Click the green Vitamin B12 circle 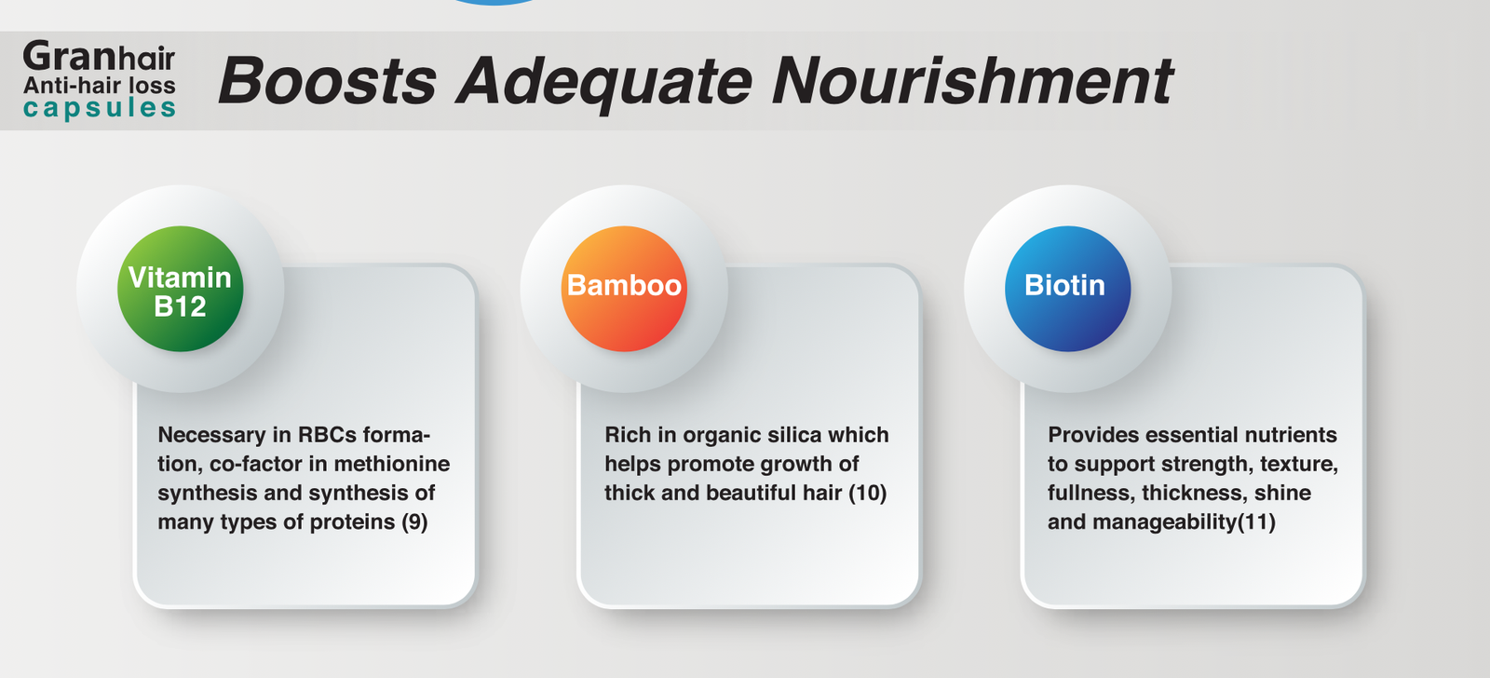pos(181,289)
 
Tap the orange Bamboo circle pos(624,289)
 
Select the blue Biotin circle pos(1067,289)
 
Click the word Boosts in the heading pos(327,81)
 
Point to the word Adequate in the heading pos(604,84)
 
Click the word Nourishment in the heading pos(972,80)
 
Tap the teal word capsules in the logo pos(99,108)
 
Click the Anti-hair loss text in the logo pos(99,85)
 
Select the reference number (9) pos(414,522)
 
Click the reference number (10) pos(867,493)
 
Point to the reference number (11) pos(1256,522)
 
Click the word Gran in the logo pos(71,56)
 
